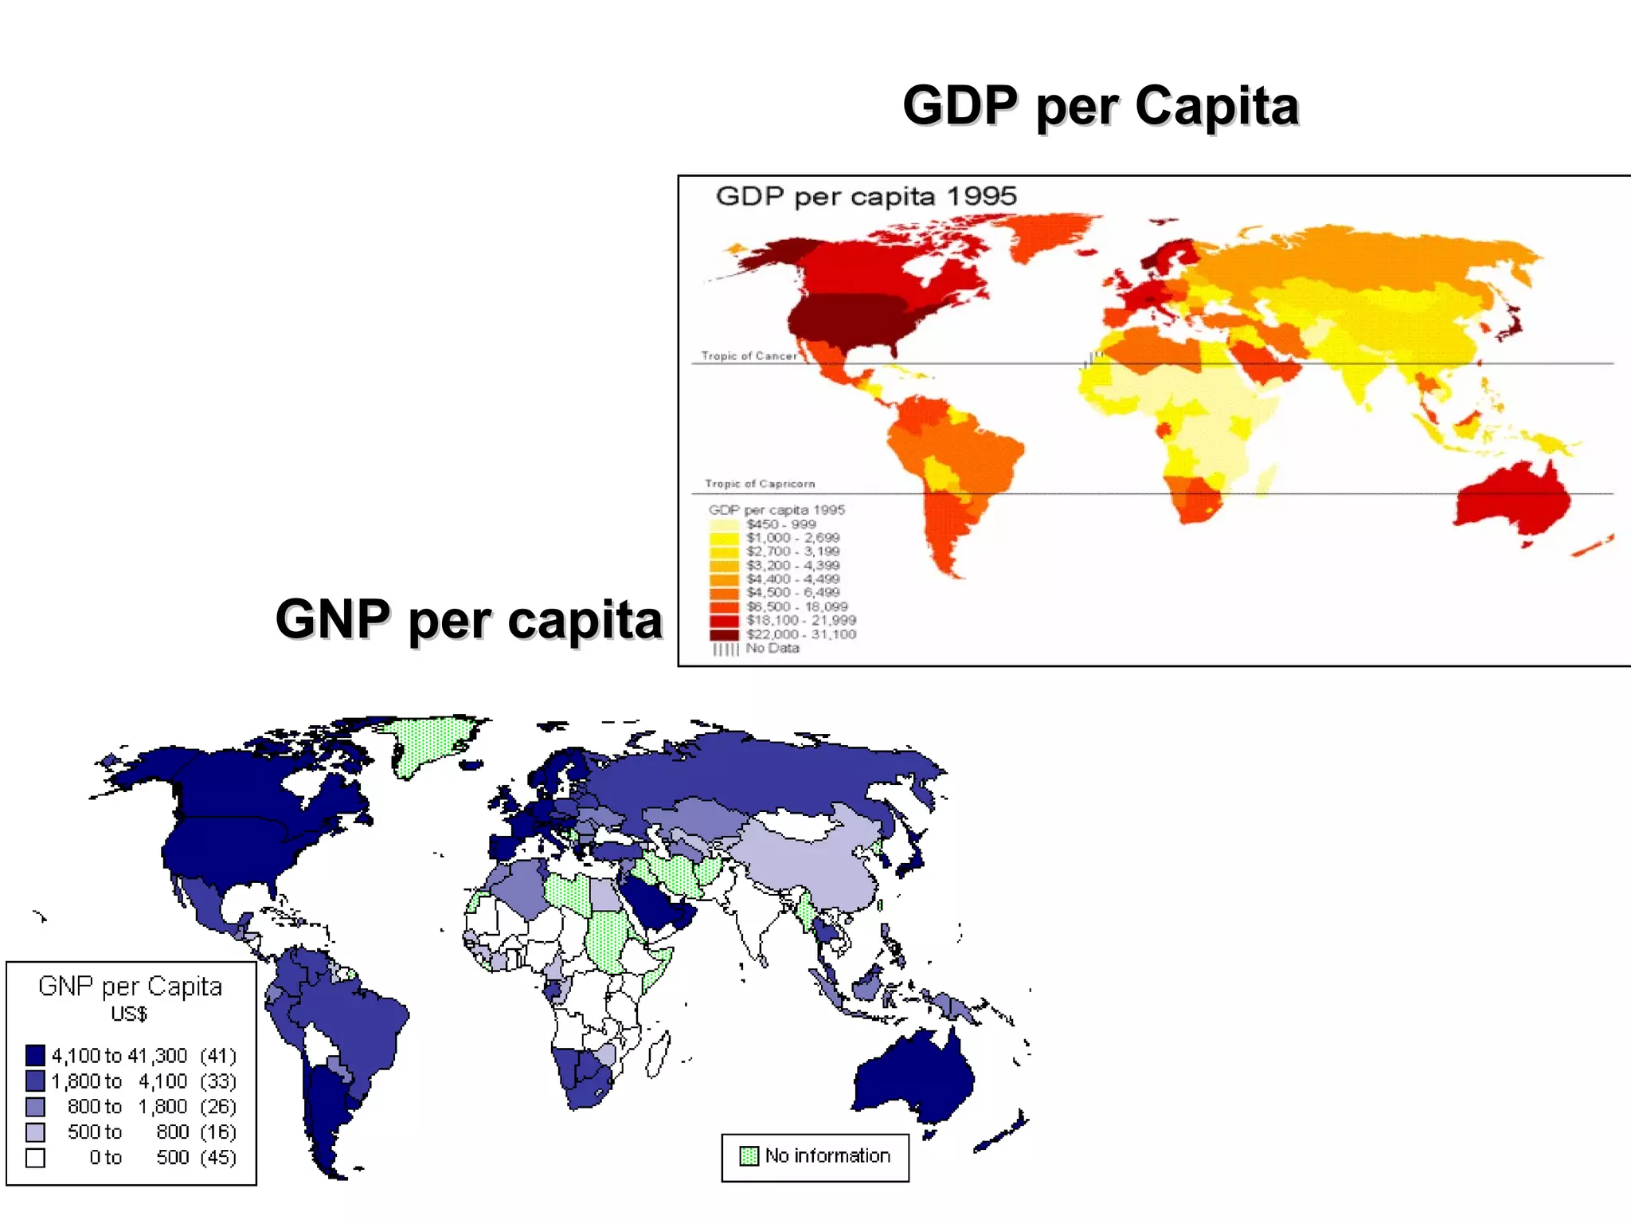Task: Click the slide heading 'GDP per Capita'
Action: click(1101, 106)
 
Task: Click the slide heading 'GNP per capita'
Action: click(469, 620)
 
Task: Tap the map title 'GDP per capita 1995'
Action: click(866, 197)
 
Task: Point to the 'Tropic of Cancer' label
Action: click(749, 356)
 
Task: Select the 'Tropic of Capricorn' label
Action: click(760, 484)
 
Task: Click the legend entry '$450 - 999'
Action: click(780, 524)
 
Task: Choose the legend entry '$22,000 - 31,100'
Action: click(800, 634)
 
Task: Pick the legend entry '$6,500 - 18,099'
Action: click(796, 606)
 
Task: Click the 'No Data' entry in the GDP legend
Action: click(772, 649)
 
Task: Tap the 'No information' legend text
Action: click(827, 1155)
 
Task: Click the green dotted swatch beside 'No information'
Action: click(749, 1156)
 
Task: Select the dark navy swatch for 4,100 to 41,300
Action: click(35, 1056)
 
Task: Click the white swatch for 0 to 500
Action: click(35, 1158)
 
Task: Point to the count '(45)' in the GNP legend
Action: click(218, 1158)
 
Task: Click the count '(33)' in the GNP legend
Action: click(218, 1081)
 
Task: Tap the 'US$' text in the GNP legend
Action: click(129, 1014)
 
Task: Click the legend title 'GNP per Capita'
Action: click(131, 987)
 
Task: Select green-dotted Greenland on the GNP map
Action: click(430, 741)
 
